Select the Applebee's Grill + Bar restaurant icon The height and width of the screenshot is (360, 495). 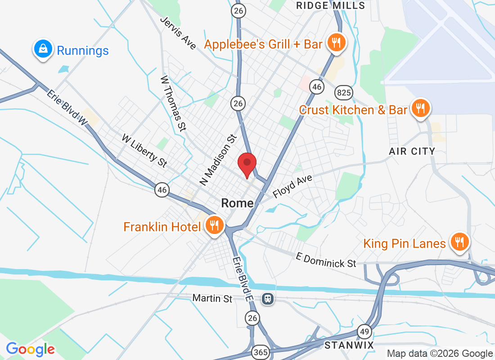tap(335, 43)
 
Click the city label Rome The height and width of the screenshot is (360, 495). tap(237, 203)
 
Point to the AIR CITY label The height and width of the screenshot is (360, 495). tap(412, 151)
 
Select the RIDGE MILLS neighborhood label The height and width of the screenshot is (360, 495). tap(331, 5)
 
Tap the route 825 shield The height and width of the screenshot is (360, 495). tap(343, 93)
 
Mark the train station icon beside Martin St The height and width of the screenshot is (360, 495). tap(268, 298)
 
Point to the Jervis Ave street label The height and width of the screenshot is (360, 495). tap(178, 33)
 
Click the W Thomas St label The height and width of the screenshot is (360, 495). tap(173, 103)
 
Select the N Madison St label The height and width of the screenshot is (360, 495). tap(218, 160)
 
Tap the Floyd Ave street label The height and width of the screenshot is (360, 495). tap(292, 187)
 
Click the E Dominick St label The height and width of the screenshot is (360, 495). tap(326, 260)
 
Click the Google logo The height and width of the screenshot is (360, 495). tap(31, 349)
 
